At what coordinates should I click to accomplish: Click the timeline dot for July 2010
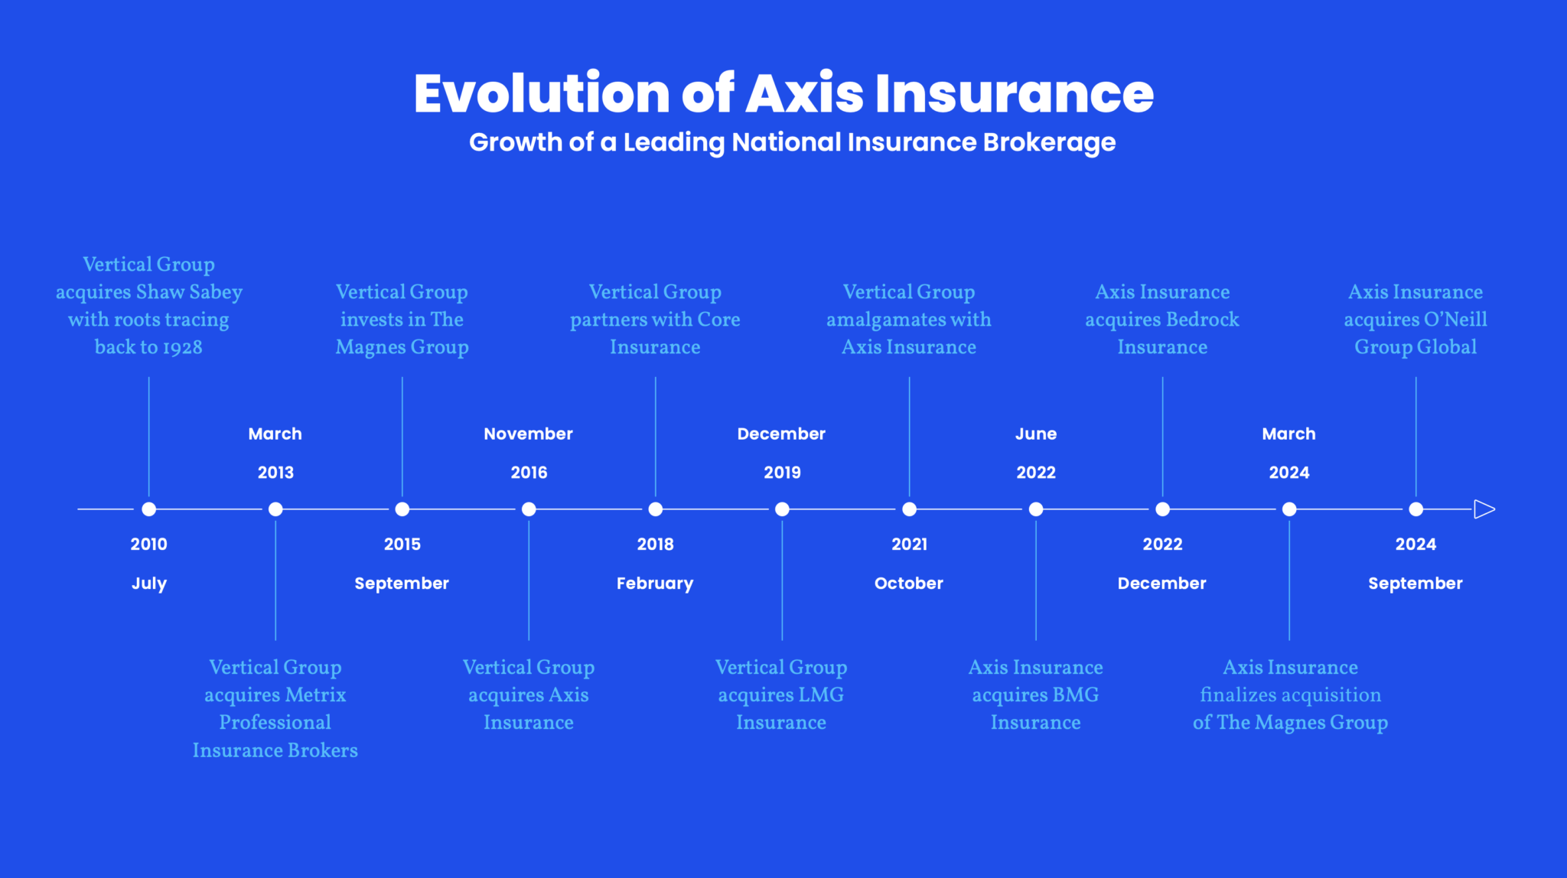(x=149, y=509)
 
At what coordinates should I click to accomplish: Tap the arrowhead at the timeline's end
(x=1484, y=509)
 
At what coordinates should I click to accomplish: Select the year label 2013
(x=275, y=473)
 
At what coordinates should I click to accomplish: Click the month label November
(x=528, y=434)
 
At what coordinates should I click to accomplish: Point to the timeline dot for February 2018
(x=656, y=509)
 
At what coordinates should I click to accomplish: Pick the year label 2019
(x=782, y=473)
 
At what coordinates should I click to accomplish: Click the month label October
(x=909, y=584)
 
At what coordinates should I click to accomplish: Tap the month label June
(x=1036, y=434)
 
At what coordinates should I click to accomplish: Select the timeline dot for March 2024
(x=1289, y=509)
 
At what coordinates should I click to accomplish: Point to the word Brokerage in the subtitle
(x=1049, y=143)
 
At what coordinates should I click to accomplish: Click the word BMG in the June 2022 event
(x=1076, y=695)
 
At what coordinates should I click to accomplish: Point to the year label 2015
(x=402, y=545)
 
